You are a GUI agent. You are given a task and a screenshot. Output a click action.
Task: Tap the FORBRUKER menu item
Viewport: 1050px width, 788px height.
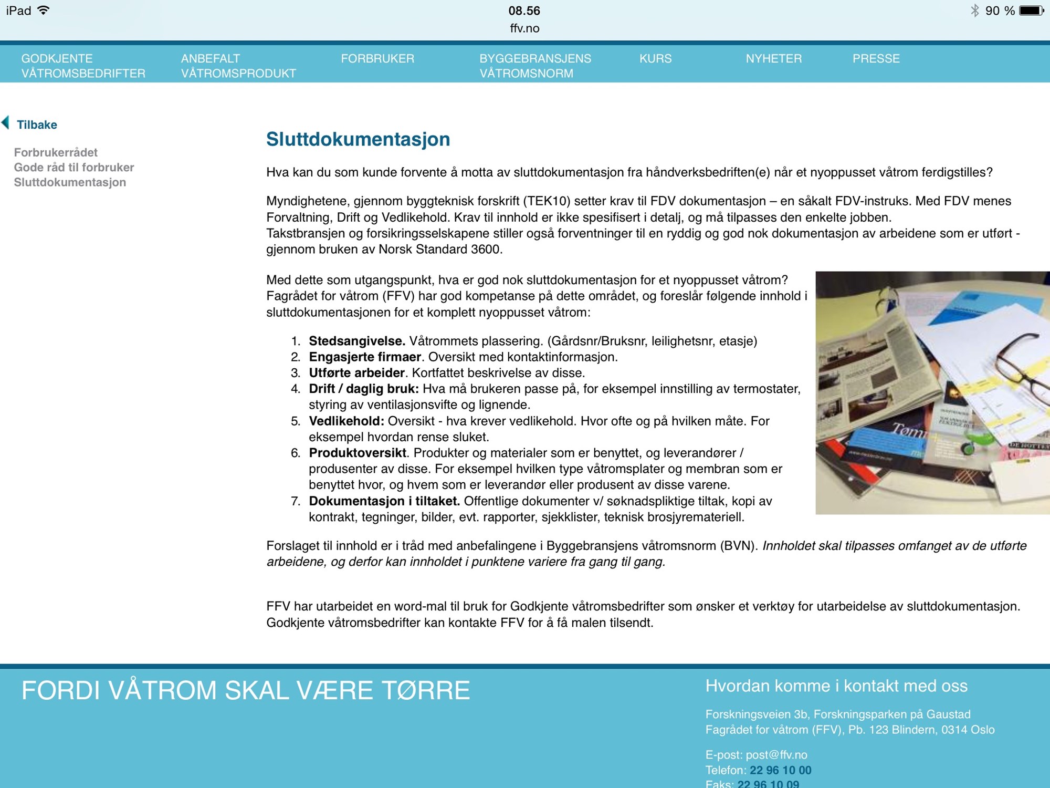tap(377, 58)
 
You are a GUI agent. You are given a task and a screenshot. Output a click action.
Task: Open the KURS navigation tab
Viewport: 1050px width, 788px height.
tap(655, 58)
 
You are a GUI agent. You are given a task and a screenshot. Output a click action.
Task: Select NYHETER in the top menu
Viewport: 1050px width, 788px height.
tap(773, 58)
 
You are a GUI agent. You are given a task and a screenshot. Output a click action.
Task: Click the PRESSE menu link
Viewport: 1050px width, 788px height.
tap(876, 58)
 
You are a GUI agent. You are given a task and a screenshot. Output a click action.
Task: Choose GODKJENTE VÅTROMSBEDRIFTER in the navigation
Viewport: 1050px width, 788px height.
tap(83, 66)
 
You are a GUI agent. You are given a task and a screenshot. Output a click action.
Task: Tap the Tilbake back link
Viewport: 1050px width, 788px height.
tap(36, 125)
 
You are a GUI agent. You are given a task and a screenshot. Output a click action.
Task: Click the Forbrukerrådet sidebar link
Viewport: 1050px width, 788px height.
tap(56, 152)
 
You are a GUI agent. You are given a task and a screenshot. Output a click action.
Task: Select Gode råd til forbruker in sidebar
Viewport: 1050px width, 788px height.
tap(74, 167)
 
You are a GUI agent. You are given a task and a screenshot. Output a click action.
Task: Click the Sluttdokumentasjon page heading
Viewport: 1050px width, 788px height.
tap(358, 139)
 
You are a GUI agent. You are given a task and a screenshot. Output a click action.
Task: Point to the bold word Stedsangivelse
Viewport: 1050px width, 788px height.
tap(356, 341)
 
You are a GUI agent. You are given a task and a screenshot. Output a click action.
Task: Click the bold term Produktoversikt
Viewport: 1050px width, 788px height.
tap(357, 453)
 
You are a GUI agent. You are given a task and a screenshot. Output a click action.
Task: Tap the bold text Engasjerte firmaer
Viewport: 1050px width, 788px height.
tap(364, 357)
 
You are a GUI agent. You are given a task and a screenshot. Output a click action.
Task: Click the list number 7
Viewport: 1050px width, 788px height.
tap(296, 501)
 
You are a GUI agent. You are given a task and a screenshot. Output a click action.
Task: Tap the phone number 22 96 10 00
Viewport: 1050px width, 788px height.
tap(780, 770)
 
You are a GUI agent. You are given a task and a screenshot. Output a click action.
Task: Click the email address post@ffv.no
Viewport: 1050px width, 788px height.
tap(776, 755)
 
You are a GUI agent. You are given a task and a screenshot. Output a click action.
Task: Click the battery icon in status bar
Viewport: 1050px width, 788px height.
tap(1031, 11)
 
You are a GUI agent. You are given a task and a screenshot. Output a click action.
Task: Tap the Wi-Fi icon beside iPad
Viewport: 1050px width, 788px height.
tap(44, 11)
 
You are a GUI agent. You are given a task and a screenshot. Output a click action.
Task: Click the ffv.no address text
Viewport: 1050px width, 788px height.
tap(524, 28)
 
